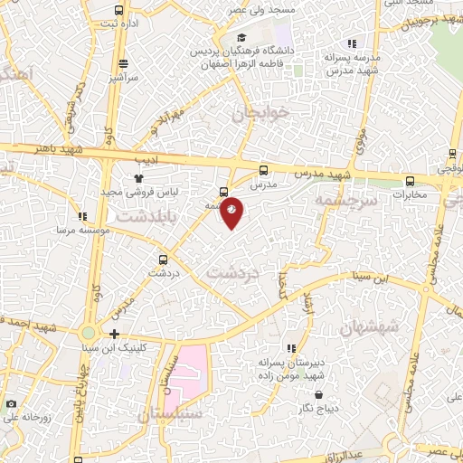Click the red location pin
tap(231, 211)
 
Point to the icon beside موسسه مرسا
tap(83, 216)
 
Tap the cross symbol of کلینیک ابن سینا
tap(115, 334)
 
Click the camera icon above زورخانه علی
tap(11, 403)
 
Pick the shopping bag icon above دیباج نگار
tap(320, 394)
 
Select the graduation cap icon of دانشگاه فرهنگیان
tap(241, 37)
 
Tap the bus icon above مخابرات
tap(411, 181)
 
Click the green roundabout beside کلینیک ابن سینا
tap(89, 335)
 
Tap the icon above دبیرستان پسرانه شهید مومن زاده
tap(290, 348)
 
